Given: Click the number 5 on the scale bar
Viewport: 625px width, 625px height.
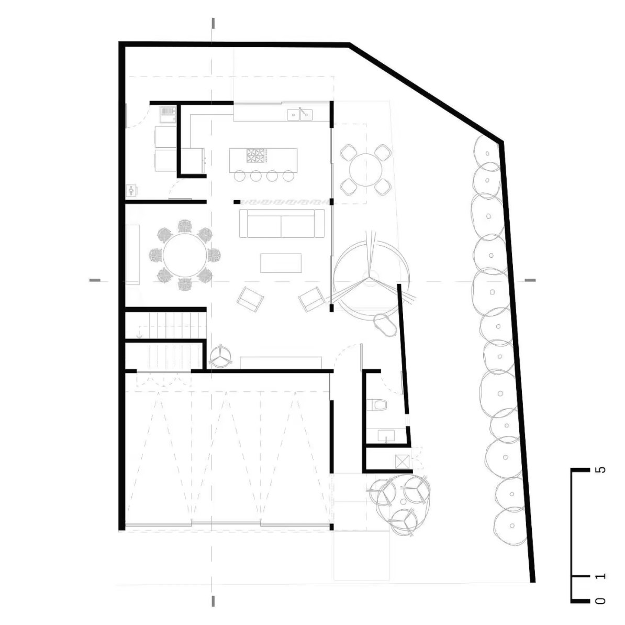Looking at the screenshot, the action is (x=602, y=469).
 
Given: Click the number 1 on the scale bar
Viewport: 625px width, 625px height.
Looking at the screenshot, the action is (x=602, y=576).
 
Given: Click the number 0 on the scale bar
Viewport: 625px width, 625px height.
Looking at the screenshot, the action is (x=602, y=601).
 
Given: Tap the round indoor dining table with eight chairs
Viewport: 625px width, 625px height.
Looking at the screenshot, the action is (x=185, y=255).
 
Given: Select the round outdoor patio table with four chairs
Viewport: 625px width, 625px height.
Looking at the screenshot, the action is (x=365, y=170).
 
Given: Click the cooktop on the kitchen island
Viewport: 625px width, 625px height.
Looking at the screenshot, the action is (x=255, y=156).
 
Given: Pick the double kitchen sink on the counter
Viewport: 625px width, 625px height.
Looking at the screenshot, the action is (x=300, y=115).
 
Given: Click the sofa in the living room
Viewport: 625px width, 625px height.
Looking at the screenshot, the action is (x=282, y=223).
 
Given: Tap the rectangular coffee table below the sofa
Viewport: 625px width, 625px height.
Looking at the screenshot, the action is (x=281, y=263).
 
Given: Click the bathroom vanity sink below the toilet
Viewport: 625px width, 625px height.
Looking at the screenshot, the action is (x=386, y=436).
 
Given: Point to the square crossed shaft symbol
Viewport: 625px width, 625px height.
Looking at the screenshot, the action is (x=402, y=462).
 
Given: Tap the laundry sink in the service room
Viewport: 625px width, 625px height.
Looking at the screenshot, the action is (x=168, y=115).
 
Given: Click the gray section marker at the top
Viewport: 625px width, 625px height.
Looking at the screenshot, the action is (x=214, y=23).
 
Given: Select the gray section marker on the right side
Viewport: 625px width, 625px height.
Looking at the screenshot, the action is (x=530, y=280).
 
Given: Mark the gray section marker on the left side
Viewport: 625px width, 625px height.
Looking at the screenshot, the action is (x=95, y=280).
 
